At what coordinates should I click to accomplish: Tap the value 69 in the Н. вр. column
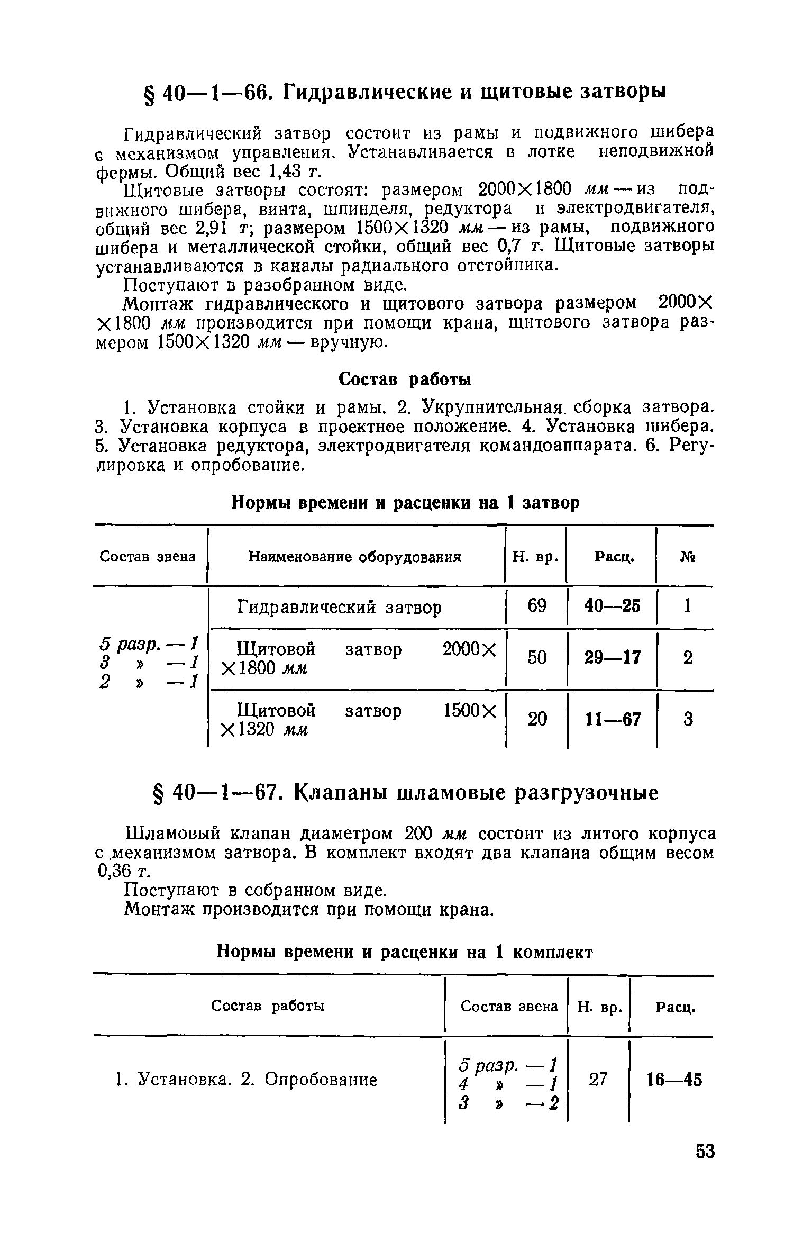(x=536, y=605)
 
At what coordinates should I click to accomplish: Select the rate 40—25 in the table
(x=612, y=606)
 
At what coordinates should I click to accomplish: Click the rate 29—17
(x=612, y=658)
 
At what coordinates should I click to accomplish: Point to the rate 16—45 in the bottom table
(x=675, y=1080)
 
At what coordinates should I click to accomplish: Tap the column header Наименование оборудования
(x=355, y=557)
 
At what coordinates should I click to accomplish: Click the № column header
(x=688, y=557)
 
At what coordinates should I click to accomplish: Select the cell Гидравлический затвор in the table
(x=339, y=607)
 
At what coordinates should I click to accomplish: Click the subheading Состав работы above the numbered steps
(x=405, y=379)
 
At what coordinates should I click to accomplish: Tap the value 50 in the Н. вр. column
(x=536, y=658)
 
